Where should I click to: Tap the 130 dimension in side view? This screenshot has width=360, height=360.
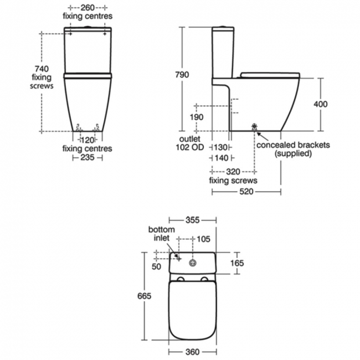point(222,147)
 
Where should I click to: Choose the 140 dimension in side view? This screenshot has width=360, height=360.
point(222,158)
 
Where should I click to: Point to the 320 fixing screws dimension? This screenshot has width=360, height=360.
point(233,171)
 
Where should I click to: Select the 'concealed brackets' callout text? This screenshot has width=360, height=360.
point(293,145)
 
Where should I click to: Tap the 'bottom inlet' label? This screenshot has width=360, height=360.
point(162,233)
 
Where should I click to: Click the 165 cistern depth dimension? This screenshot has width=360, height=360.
point(236,263)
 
